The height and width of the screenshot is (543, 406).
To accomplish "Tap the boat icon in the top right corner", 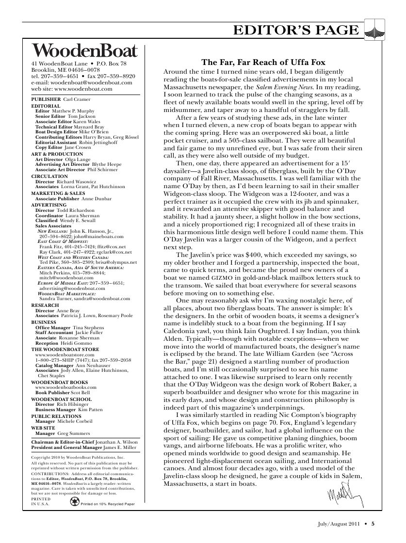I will coord(374,30).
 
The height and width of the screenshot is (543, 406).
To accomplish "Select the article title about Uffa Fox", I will coord(263,63).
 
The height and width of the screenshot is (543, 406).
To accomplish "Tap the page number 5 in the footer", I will coord(374,523).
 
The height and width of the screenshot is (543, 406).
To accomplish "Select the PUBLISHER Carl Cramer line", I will coord(54,99).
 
